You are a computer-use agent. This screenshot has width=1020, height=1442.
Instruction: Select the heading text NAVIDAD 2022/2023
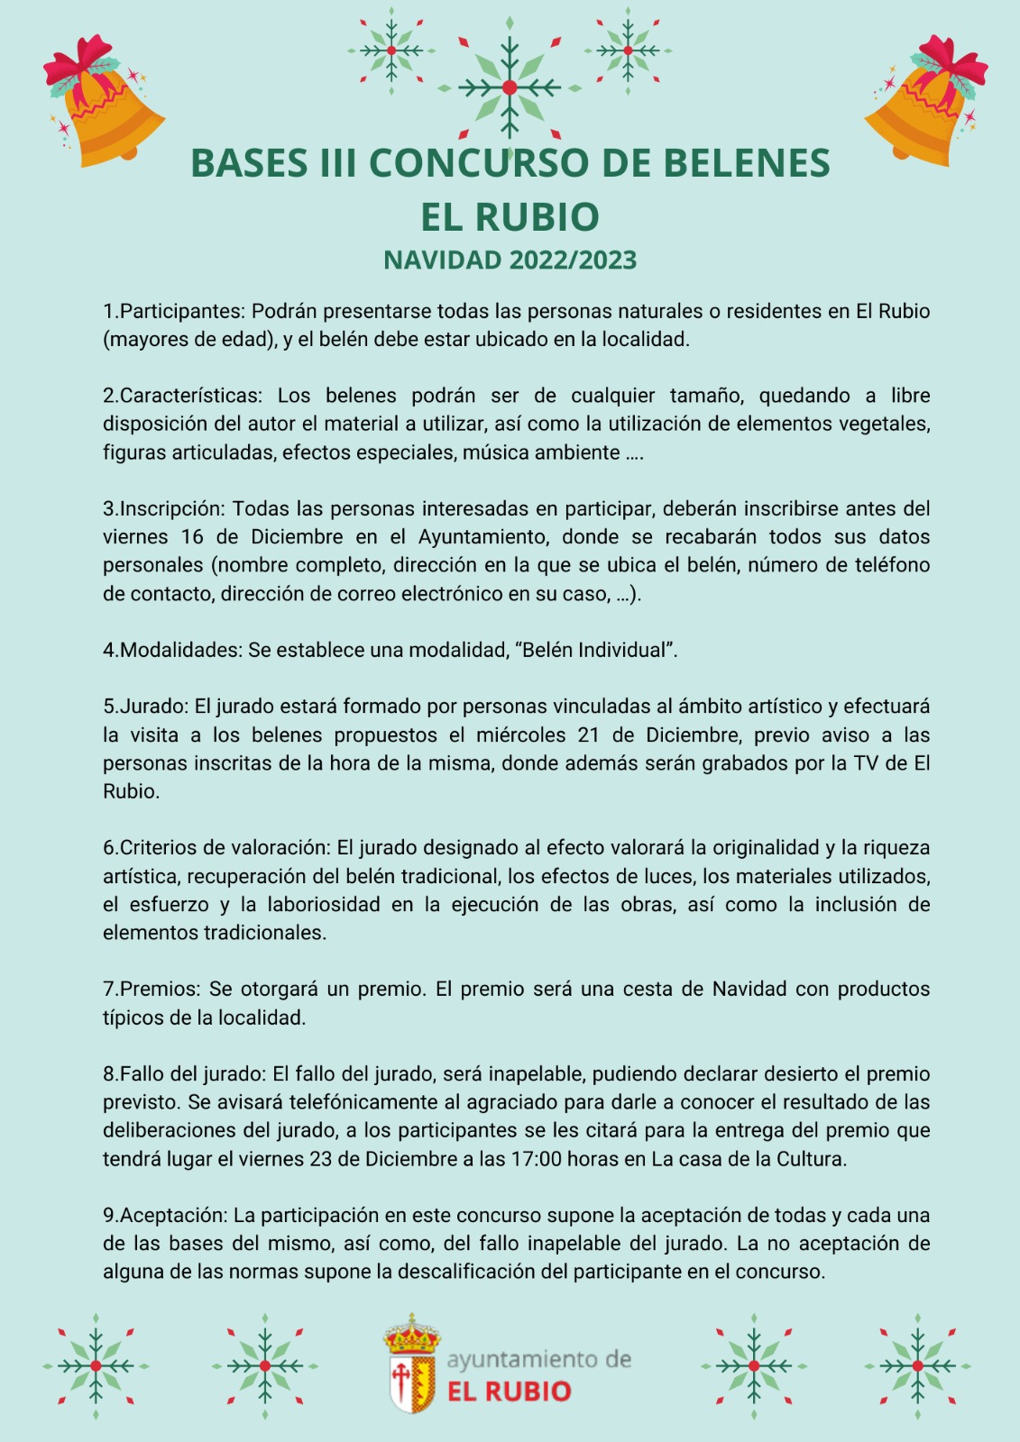510,260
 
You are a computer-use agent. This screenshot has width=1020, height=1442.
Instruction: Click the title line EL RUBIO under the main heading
510,216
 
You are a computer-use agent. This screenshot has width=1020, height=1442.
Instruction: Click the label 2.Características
181,396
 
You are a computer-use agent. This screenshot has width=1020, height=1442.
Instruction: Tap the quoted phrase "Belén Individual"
599,651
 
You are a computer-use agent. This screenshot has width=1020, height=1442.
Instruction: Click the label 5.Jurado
145,707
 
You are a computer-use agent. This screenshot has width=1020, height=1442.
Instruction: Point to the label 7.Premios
152,990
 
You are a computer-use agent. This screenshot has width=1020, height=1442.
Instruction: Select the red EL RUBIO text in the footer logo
510,1392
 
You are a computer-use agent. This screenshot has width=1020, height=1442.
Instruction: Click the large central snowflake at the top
510,87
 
